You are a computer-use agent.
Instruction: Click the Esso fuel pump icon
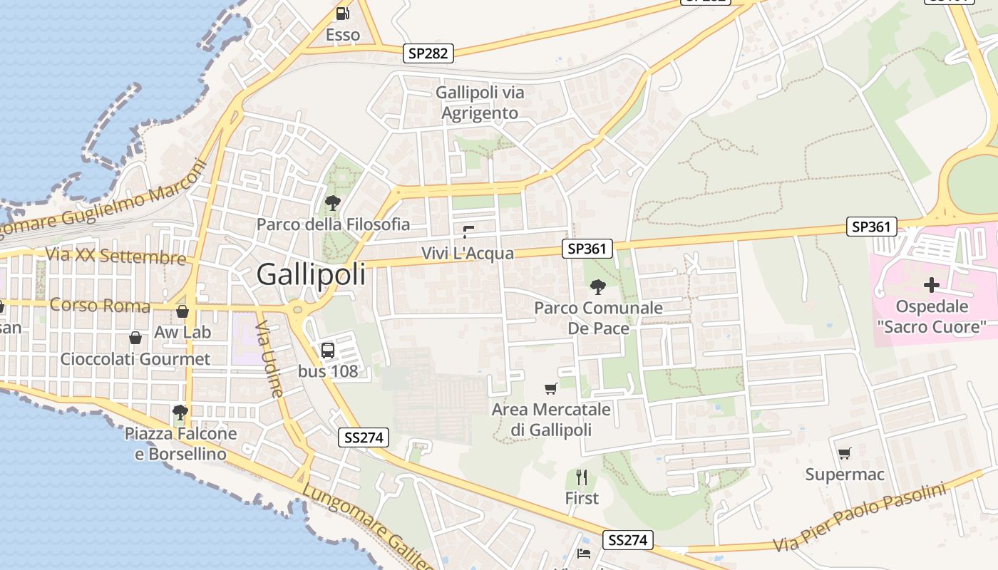[x=343, y=13]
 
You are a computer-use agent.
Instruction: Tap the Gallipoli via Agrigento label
[x=480, y=103]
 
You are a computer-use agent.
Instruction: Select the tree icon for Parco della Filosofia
[x=332, y=203]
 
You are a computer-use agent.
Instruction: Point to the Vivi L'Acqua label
[x=467, y=253]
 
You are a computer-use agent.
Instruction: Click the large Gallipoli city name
[x=311, y=274]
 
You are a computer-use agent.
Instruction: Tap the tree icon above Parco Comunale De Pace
[x=598, y=286]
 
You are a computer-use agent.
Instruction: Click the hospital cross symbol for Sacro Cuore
[x=931, y=285]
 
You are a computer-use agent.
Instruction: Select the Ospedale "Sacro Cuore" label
[x=932, y=316]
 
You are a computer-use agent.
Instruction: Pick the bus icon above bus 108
[x=328, y=350]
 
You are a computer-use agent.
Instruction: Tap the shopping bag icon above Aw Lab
[x=182, y=311]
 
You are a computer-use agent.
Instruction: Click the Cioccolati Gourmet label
[x=135, y=358]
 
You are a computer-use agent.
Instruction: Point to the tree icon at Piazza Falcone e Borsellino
[x=180, y=412]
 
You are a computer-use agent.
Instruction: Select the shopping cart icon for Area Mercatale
[x=550, y=388]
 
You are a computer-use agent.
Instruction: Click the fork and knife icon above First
[x=582, y=477]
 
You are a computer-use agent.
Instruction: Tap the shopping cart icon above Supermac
[x=845, y=453]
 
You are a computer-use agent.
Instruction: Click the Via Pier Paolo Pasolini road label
[x=860, y=517]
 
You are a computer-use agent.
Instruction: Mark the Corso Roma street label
[x=100, y=306]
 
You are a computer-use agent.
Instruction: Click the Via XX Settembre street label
[x=115, y=256]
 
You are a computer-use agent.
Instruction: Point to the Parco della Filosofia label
[x=333, y=224]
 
